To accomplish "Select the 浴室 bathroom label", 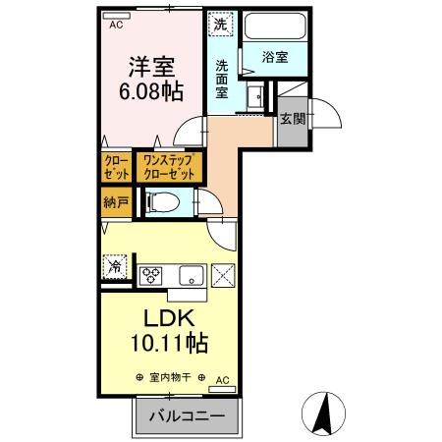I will [275, 58].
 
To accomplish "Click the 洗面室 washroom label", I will [223, 78].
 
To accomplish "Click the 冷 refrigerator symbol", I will [115, 265].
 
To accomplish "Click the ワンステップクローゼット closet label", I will [173, 166].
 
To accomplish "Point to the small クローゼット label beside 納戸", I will [115, 166].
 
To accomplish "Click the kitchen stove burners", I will [152, 274].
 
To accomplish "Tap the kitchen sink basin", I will [189, 274].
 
